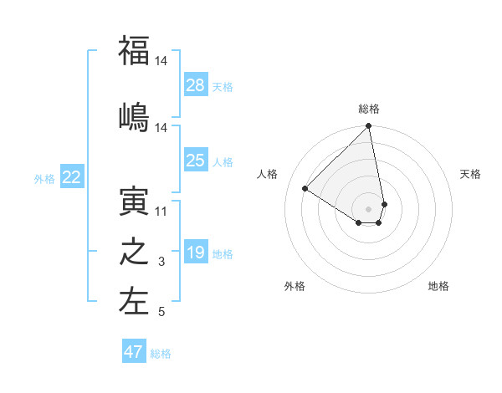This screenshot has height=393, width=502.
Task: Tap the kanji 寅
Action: tap(134, 201)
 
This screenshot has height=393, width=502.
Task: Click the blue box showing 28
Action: tap(196, 85)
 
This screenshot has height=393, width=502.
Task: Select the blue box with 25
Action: tap(196, 161)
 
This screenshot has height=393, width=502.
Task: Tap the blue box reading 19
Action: tap(196, 253)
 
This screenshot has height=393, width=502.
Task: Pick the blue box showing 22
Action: tap(72, 177)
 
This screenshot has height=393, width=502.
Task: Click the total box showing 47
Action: tap(134, 352)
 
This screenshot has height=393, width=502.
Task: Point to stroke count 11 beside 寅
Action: tap(161, 212)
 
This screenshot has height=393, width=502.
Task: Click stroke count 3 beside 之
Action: tap(161, 263)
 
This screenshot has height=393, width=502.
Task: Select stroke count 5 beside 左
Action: tap(161, 313)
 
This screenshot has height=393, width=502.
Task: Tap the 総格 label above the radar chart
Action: tap(369, 109)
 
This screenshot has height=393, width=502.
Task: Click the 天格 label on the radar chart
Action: tap(471, 174)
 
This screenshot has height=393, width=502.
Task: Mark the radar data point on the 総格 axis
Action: tap(369, 127)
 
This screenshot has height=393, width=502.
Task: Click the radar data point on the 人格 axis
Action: tap(305, 188)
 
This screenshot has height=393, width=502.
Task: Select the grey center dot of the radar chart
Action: tap(369, 208)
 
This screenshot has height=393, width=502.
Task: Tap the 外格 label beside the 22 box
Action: tap(44, 178)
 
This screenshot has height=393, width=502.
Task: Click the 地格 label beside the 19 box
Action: tap(223, 253)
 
